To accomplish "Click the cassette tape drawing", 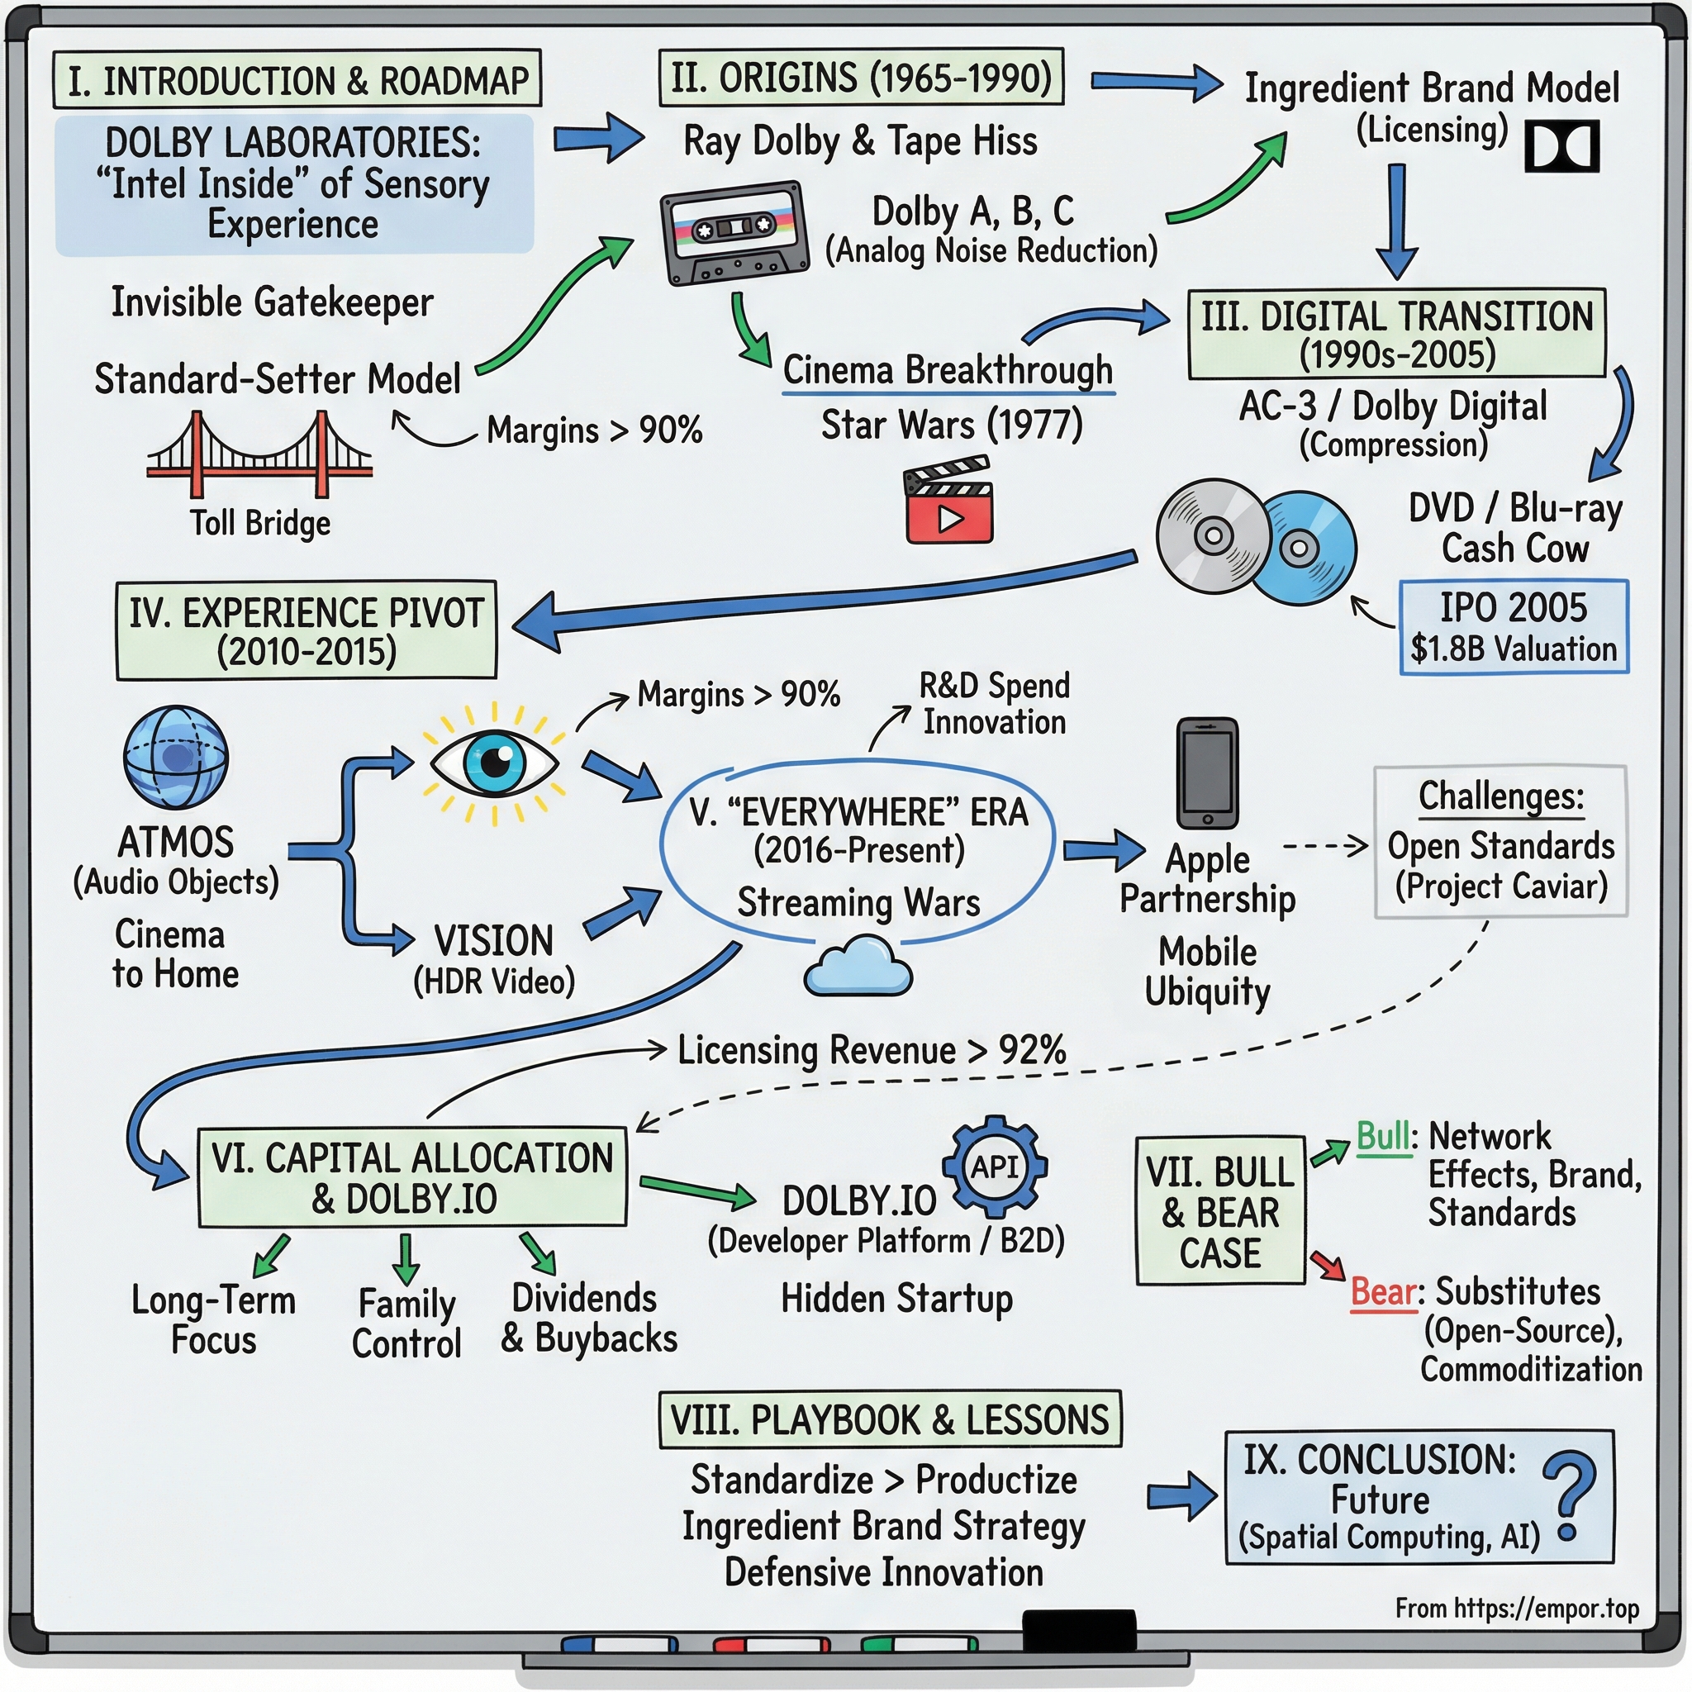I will coord(734,233).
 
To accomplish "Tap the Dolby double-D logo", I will coord(1561,146).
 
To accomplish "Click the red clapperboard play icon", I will coord(948,501).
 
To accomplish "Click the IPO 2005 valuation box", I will coord(1514,627).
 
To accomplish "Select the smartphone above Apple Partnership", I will coord(1207,773).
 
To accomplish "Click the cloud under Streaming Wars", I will coord(858,967).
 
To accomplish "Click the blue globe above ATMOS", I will coord(176,757).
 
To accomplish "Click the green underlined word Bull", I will coord(1383,1137).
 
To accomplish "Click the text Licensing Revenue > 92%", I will coord(872,1050).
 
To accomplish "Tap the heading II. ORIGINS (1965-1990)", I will coord(861,78).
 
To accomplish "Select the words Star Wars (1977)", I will coord(952,425).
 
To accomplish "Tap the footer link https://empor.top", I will coord(1546,1609).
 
